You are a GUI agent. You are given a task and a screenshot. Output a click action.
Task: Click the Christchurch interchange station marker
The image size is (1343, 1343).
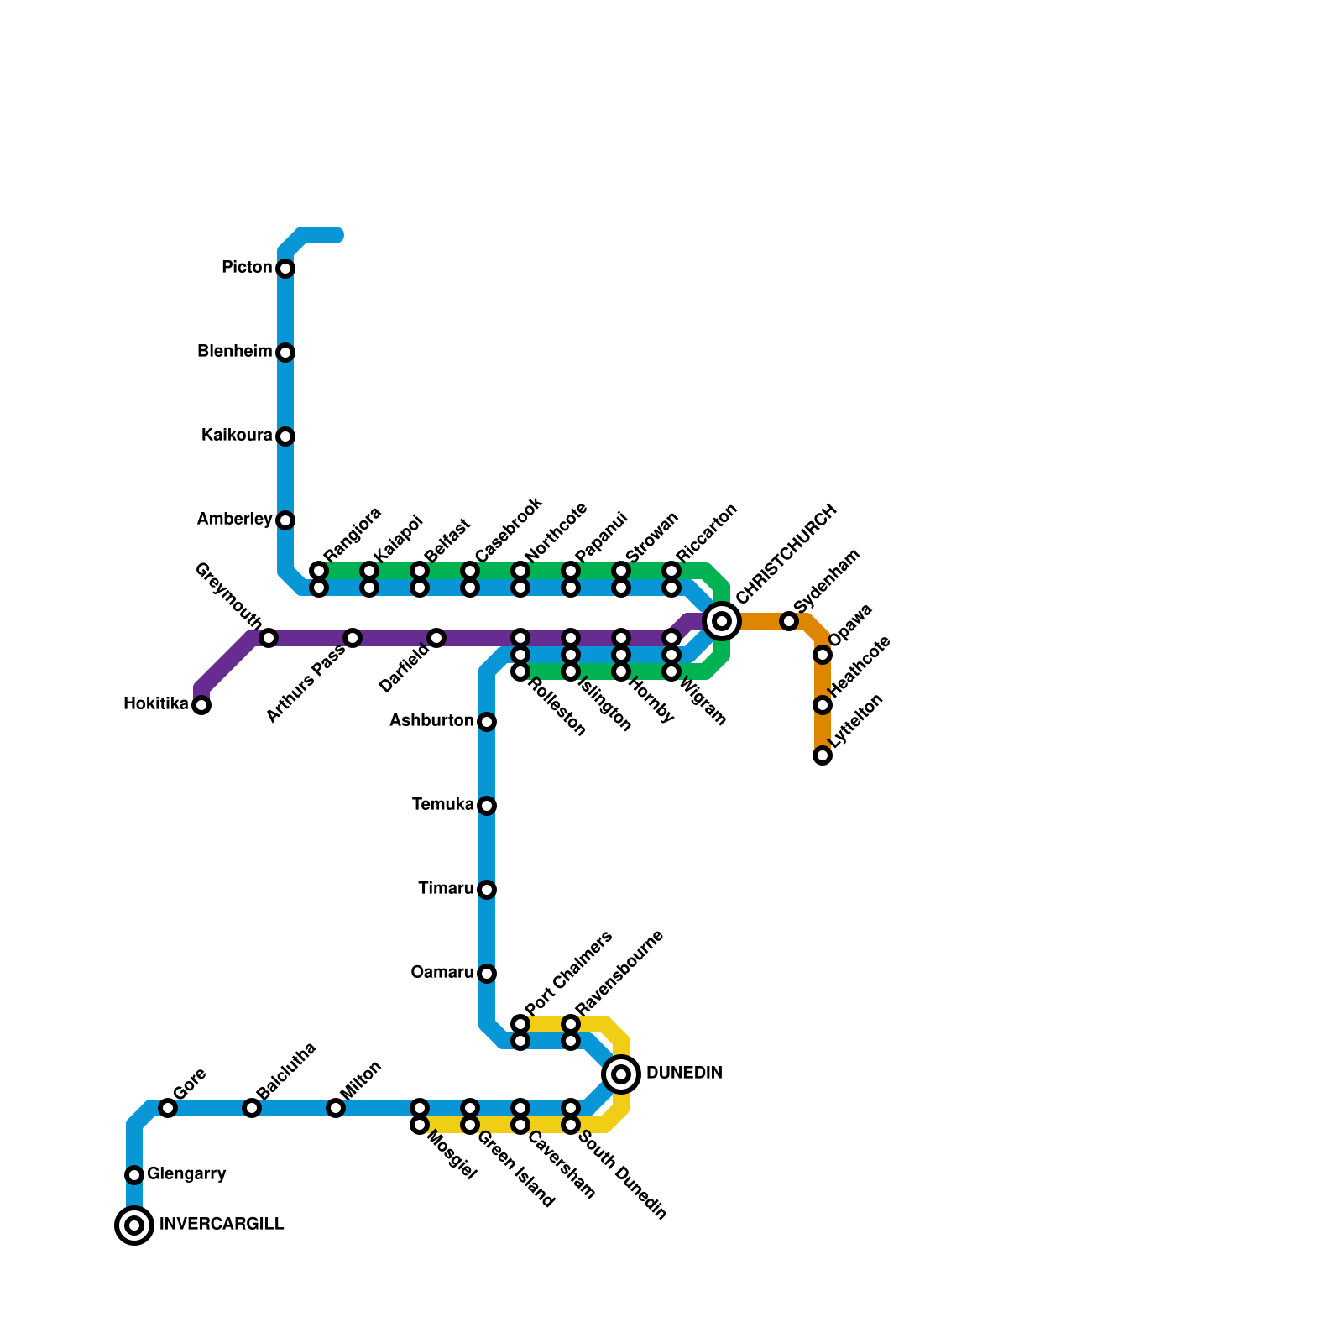(x=722, y=621)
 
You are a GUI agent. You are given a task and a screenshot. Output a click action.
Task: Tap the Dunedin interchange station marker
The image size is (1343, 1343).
(x=621, y=1074)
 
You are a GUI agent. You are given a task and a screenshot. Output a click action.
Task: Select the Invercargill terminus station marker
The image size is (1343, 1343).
(x=134, y=1225)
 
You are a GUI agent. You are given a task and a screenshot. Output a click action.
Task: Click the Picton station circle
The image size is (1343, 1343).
(x=285, y=269)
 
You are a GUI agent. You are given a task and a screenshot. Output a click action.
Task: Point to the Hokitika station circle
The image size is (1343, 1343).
(x=201, y=705)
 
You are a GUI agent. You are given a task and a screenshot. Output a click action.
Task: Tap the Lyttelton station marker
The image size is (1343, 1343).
(x=823, y=755)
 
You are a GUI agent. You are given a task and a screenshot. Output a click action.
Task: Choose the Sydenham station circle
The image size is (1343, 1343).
(x=789, y=621)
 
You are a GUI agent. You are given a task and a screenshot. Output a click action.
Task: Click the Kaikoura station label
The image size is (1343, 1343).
(x=237, y=436)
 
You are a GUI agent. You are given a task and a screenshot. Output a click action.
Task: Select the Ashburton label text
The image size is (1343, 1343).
(x=431, y=721)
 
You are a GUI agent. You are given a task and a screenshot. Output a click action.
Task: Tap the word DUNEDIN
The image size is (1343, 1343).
(x=684, y=1074)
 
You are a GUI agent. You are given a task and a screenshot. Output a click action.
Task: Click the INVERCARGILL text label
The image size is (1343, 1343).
(x=222, y=1225)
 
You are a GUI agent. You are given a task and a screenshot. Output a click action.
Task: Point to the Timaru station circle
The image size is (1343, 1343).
(x=487, y=890)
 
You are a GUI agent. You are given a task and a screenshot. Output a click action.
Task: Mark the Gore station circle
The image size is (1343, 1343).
(x=168, y=1108)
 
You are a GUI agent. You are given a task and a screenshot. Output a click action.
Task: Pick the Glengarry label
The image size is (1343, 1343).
(x=186, y=1174)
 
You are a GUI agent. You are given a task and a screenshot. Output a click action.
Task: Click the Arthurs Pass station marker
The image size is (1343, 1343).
(x=353, y=638)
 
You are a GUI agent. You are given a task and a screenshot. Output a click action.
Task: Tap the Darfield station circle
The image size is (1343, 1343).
(x=436, y=638)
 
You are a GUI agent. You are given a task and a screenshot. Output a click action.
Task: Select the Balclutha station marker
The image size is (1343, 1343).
(x=252, y=1108)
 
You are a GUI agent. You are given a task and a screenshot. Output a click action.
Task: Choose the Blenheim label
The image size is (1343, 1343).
(x=235, y=352)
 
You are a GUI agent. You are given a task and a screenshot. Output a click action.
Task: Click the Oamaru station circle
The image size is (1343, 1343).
(x=487, y=974)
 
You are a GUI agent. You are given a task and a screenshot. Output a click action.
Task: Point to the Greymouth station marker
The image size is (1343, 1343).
(x=269, y=638)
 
